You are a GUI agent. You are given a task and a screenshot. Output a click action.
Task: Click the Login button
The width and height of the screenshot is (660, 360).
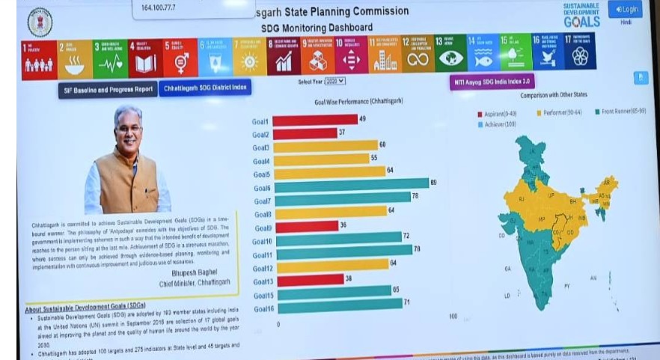pos(626,9)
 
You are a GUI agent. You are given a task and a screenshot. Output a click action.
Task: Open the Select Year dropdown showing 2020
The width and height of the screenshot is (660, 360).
pos(334,80)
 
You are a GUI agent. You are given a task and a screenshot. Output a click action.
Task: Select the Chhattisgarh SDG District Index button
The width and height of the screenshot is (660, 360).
pos(204,88)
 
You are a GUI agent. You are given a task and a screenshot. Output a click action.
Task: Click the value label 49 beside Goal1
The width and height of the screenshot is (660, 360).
pos(362,119)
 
